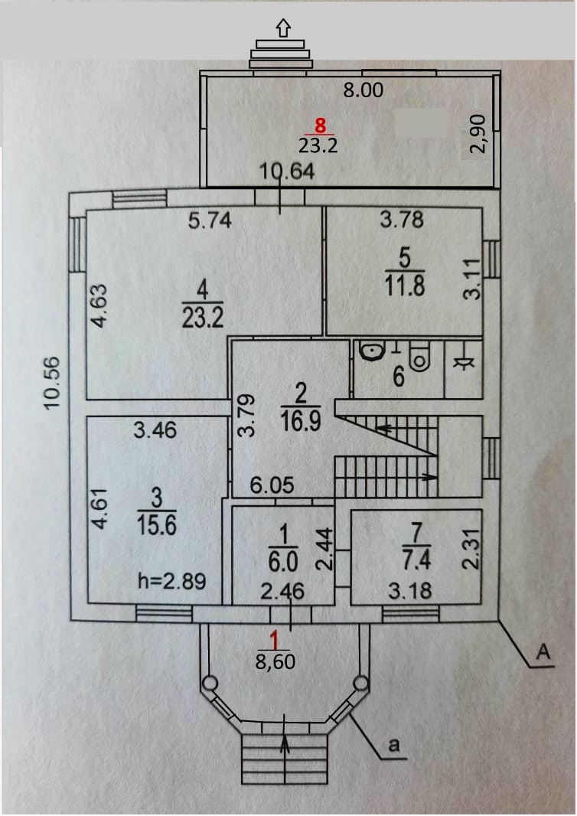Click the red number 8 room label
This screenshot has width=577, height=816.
320,126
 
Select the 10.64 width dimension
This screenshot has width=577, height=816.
287,173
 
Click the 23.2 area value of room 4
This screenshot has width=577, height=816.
203,318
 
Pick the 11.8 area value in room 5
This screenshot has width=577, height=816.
406,286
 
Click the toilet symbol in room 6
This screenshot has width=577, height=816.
420,356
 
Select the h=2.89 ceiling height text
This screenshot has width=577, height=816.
171,581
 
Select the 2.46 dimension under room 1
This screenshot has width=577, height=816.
281,591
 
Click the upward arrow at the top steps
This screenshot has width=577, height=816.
284,28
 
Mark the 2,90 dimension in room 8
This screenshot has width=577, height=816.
478,134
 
